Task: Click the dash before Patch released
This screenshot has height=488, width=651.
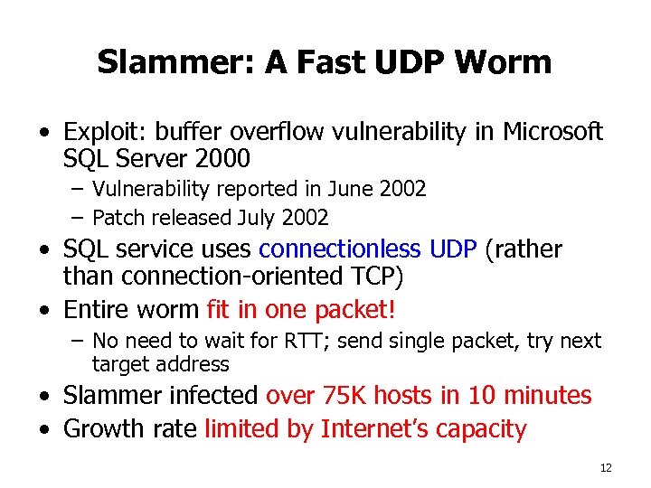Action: (x=78, y=218)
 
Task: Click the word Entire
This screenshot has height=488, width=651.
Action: (x=97, y=309)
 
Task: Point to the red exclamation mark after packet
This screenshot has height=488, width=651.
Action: (x=392, y=309)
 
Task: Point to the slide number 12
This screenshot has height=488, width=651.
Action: (x=606, y=467)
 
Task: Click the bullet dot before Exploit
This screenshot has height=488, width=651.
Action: (x=44, y=133)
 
